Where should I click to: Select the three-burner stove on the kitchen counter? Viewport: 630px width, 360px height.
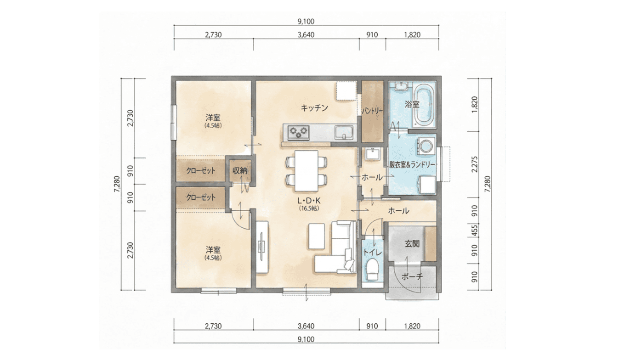pos(298,133)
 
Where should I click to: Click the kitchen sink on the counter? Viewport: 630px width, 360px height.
pos(344,132)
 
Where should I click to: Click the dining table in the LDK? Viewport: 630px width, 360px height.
pos(306,171)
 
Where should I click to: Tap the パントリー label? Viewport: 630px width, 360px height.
pos(372,111)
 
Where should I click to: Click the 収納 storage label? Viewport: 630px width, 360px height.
pos(240,170)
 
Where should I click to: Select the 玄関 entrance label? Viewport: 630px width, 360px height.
pos(412,244)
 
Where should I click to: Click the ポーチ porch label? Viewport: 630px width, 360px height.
pos(412,277)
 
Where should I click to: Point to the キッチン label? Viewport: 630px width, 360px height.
pos(314,107)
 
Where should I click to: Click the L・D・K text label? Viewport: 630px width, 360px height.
pos(309,201)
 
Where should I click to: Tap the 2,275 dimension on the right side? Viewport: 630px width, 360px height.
pos(475,164)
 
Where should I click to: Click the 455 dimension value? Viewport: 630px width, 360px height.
pos(475,230)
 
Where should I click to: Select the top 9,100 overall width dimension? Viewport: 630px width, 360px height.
pos(306,22)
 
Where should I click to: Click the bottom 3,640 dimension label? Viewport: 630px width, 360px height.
pos(306,326)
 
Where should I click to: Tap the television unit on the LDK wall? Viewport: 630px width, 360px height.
pos(262,247)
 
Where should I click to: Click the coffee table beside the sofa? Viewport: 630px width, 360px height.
pos(317,236)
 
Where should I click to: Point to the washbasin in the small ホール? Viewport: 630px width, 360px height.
pos(373,154)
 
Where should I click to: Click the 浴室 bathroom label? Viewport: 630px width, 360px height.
pos(412,104)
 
